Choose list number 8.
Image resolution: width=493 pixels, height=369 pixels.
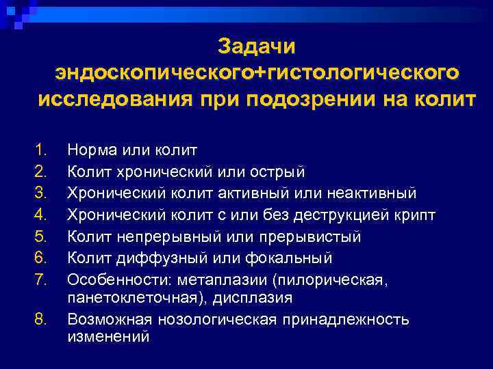[42, 319]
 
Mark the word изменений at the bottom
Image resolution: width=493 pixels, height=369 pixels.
[108, 336]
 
